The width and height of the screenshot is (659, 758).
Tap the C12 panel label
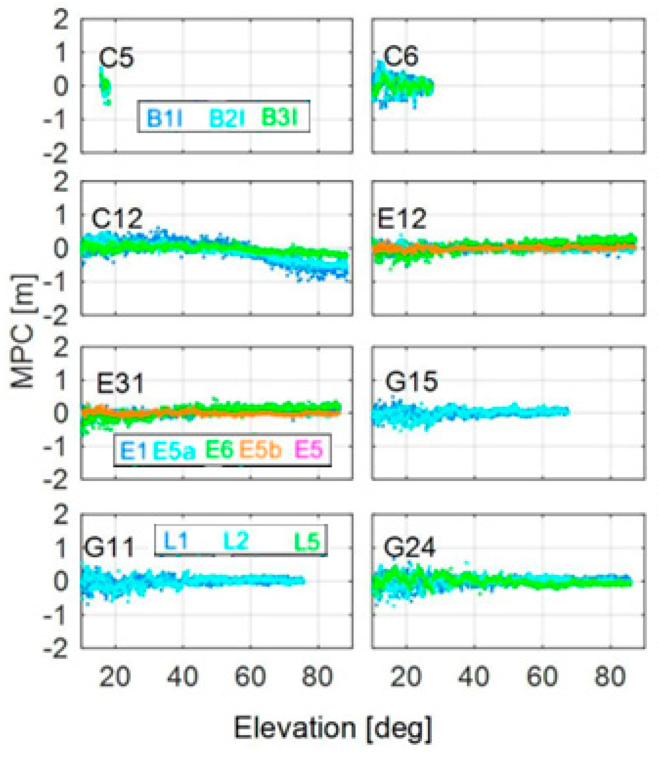click(117, 219)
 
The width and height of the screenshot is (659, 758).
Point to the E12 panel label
click(402, 218)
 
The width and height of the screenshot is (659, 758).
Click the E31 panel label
click(120, 384)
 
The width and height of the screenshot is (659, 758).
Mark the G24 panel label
click(410, 547)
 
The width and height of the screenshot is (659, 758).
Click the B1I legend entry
click(165, 118)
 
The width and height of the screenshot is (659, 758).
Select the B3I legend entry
click(279, 118)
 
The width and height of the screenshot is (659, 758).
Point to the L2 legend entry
click(236, 541)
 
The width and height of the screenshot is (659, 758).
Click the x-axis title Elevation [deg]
click(333, 728)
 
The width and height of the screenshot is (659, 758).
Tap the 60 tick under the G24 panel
click(542, 676)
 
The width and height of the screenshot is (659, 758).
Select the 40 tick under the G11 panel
click(183, 676)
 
